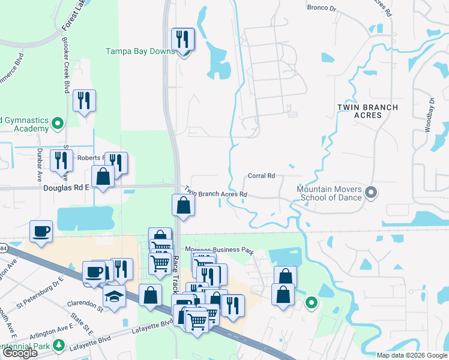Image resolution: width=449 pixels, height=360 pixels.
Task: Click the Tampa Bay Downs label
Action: pyautogui.click(x=140, y=51)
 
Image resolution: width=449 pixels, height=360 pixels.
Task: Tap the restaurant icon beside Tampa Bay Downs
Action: pyautogui.click(x=182, y=40)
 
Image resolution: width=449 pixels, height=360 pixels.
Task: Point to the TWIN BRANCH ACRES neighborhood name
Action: pyautogui.click(x=367, y=111)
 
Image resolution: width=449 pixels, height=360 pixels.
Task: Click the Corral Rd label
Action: pyautogui.click(x=261, y=176)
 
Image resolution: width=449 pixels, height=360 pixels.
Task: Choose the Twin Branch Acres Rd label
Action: pyautogui.click(x=215, y=191)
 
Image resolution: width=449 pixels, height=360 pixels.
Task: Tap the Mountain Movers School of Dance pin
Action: pyautogui.click(x=370, y=193)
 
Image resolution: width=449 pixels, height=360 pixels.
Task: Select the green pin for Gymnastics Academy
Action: pyautogui.click(x=58, y=124)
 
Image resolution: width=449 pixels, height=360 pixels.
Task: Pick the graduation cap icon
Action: pyautogui.click(x=113, y=296)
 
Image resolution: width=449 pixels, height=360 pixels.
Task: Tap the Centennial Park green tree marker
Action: pyautogui.click(x=59, y=344)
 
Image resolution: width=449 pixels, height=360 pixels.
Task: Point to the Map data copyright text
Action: pyautogui.click(x=412, y=355)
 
